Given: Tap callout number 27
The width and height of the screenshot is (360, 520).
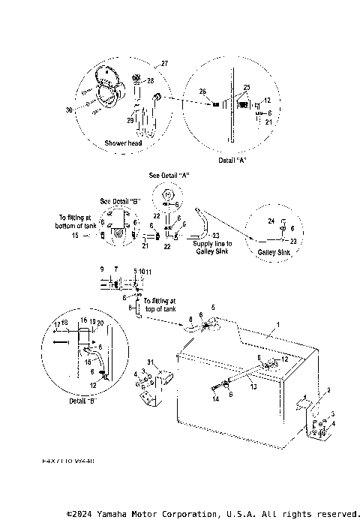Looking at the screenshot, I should coord(165,65).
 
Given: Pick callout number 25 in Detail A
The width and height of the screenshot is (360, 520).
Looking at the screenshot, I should coord(244,88).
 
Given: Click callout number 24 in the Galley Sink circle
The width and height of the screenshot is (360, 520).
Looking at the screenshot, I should coord(271,221).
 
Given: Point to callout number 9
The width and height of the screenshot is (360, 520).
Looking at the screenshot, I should coord(102,269).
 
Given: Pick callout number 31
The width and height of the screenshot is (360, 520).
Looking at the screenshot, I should coord(150,362).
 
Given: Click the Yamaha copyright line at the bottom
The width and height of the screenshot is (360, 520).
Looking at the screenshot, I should coord(213,514).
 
